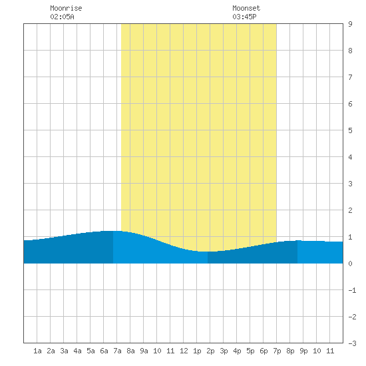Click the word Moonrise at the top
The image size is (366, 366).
66,8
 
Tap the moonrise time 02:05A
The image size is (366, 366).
62,17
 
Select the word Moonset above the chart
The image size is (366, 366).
246,8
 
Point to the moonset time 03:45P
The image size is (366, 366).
244,17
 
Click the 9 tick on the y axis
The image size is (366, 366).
350,24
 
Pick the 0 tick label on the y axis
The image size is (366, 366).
350,264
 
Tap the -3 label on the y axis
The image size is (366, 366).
352,343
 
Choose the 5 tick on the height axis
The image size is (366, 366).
350,130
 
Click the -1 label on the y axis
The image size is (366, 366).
352,290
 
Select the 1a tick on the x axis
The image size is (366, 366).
37,351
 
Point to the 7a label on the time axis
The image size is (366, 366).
117,351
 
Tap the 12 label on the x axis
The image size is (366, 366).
184,351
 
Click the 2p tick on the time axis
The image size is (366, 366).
210,351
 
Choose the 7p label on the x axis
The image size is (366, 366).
277,351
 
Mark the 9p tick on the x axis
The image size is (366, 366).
303,351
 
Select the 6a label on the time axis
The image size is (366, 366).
104,351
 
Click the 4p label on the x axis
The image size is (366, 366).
237,351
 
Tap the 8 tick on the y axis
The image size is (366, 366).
350,51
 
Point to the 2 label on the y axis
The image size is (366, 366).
350,210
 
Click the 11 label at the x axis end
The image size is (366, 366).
330,351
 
